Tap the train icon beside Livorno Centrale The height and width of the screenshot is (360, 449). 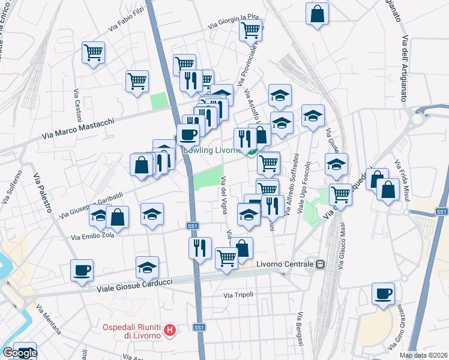pos(321,264)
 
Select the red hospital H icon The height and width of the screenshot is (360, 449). pos(170,329)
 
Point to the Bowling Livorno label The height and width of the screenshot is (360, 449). pos(213,151)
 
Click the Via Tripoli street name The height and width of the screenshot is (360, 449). pos(238,295)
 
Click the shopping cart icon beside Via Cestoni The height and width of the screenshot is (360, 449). pos(93,53)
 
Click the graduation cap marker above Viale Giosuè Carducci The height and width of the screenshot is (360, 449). pos(147,267)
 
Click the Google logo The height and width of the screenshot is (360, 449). pos(19,353)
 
